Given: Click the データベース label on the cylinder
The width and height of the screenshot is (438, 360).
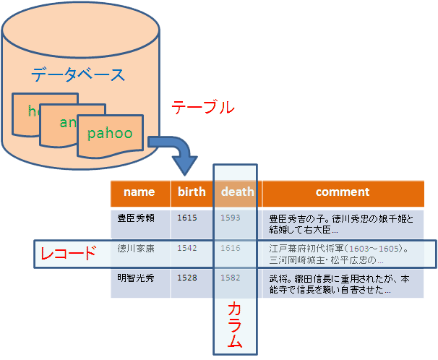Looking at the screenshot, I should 78,74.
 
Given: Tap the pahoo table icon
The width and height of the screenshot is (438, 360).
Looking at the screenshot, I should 110,134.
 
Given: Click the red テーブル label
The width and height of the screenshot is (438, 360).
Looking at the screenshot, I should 202,107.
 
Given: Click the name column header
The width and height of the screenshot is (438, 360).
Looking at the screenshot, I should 139,192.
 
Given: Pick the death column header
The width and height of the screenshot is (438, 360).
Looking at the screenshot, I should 238,192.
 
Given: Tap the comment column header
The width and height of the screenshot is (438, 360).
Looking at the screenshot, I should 343,192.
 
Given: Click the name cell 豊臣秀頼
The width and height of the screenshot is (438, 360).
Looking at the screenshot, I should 136,218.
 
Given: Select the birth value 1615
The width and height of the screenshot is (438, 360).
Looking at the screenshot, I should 186,217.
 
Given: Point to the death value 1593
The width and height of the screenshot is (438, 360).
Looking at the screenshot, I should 231,217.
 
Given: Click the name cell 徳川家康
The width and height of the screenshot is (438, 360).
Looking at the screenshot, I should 136,248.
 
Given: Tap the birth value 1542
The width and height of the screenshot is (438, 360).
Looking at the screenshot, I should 186,248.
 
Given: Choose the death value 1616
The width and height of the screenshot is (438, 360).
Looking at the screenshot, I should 231,248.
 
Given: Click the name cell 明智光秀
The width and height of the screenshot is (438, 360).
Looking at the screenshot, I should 136,278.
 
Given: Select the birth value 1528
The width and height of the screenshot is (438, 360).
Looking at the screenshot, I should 186,278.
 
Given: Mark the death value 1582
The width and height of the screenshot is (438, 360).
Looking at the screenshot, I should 231,278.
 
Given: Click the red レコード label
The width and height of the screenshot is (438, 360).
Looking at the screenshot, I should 68,254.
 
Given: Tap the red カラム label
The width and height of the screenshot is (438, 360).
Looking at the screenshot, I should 235,325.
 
